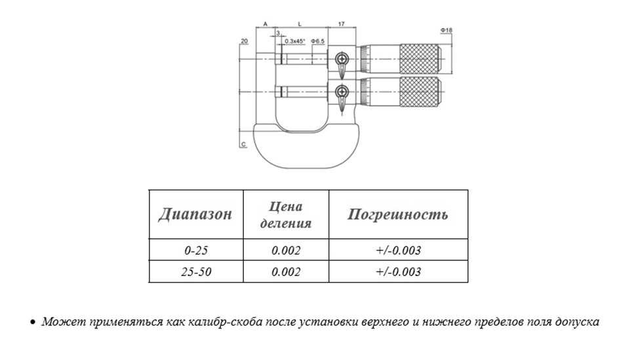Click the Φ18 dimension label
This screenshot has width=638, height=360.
446,30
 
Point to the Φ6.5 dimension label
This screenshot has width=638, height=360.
317,41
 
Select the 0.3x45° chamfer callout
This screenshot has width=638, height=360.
294,41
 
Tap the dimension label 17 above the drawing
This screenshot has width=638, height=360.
342,24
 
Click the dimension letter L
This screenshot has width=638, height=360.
300,24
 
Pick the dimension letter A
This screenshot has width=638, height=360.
266,24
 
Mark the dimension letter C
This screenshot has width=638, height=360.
244,144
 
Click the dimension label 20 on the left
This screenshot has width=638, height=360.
244,41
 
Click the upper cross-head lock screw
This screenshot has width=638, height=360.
342,60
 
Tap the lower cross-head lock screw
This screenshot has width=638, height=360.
342,92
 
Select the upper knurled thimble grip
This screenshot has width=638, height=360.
420,59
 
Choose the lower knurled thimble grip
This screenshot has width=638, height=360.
420,92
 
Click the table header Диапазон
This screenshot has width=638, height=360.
195,214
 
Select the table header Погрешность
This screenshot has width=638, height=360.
397,214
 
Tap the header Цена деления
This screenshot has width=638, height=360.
286,214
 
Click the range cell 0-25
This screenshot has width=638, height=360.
196,250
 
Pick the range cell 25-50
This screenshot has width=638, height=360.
196,271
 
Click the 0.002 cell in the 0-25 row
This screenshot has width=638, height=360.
286,250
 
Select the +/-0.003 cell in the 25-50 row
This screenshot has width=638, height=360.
399,271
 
